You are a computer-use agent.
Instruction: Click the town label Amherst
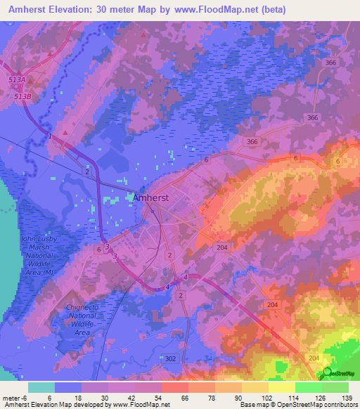[x=150, y=199]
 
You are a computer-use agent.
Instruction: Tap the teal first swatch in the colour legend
[x=41, y=387]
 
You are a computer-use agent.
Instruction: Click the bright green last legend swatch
[x=335, y=387]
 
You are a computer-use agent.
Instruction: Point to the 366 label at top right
[x=331, y=63]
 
